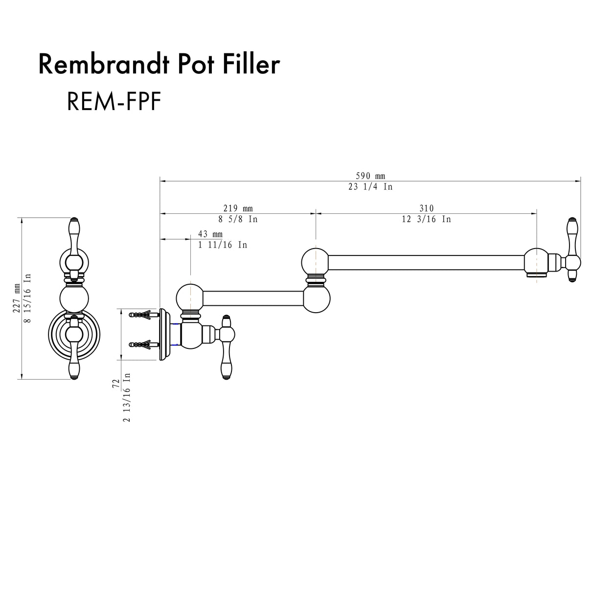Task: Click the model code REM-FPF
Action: click(x=114, y=101)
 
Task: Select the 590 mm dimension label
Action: click(x=370, y=176)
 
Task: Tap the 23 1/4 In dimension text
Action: click(x=370, y=187)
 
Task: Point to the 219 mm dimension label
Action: click(x=238, y=208)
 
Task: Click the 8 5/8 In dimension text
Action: click(x=238, y=219)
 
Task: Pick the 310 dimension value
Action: click(x=426, y=208)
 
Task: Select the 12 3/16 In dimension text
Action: click(x=426, y=219)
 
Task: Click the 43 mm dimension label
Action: click(x=210, y=234)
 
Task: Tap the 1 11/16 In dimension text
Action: click(x=223, y=245)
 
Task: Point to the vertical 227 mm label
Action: click(x=18, y=298)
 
